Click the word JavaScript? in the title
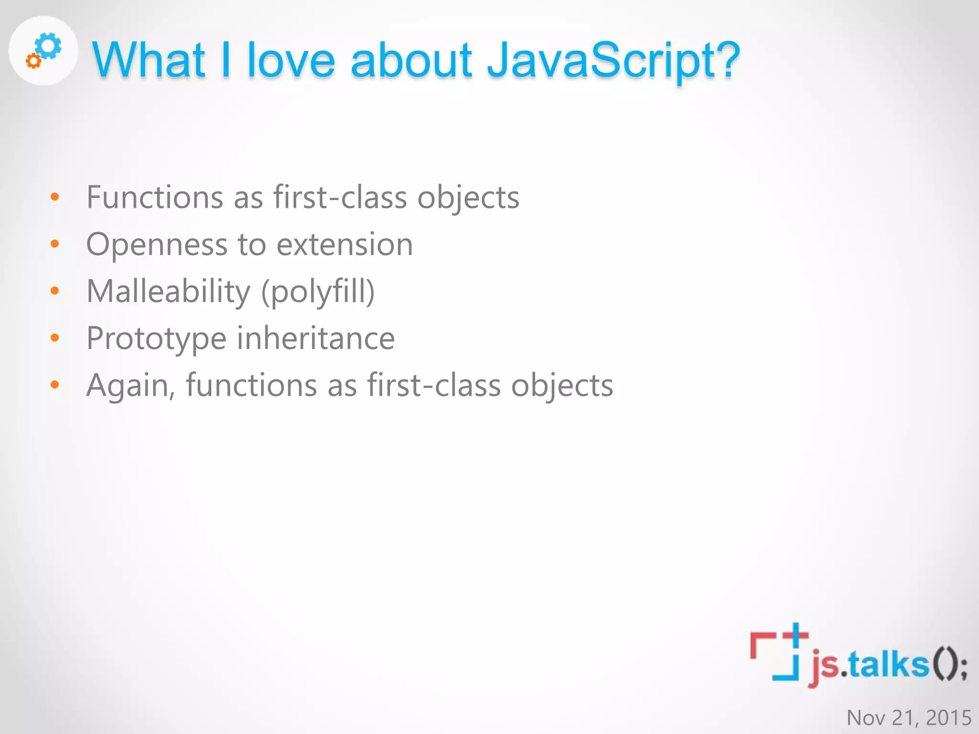point(613,61)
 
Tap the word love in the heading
point(291,61)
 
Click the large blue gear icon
point(49,46)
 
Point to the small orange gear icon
point(33,61)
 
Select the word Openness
point(156,245)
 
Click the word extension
point(345,245)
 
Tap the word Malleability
point(168,291)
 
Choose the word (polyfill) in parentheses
point(318,291)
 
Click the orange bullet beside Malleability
point(55,291)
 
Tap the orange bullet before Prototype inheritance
point(55,338)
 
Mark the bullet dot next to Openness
point(55,244)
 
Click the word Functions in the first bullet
point(154,197)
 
